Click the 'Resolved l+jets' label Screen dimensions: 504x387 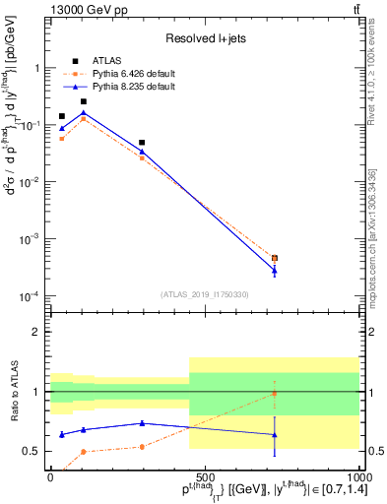(204, 39)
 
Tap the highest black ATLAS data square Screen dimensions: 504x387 (84, 101)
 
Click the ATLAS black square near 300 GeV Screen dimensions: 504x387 (142, 143)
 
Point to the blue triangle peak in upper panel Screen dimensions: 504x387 (84, 113)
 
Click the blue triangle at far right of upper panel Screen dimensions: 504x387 (275, 270)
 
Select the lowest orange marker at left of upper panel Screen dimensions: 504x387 (62, 139)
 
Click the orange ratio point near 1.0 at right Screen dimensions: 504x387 (275, 394)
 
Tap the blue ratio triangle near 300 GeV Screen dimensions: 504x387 (142, 423)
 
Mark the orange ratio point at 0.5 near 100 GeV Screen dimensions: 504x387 (84, 452)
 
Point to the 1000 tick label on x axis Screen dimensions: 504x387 (356, 475)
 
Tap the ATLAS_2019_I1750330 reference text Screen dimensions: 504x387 (204, 294)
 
